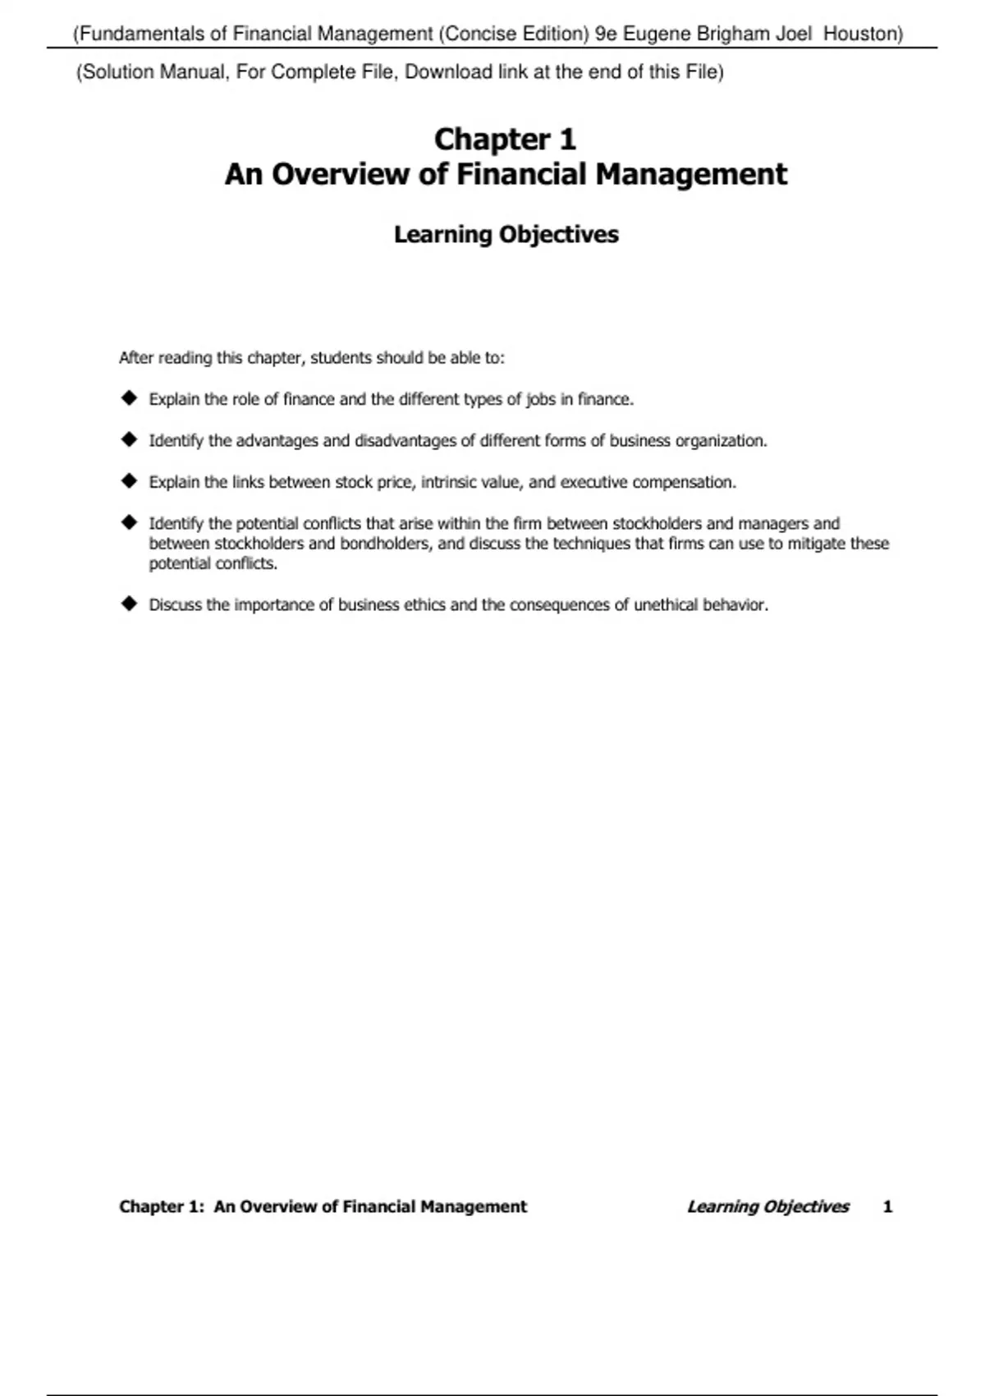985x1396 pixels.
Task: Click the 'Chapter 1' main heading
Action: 505,139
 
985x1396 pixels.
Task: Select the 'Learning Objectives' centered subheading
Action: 506,234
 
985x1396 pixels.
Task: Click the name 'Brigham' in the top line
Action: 733,34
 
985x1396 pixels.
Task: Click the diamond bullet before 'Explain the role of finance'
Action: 129,398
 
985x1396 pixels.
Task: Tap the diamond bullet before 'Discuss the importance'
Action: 129,604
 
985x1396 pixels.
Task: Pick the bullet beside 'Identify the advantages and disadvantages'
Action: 129,439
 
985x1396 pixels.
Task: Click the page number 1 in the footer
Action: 887,1206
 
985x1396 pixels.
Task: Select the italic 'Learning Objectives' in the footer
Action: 767,1206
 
